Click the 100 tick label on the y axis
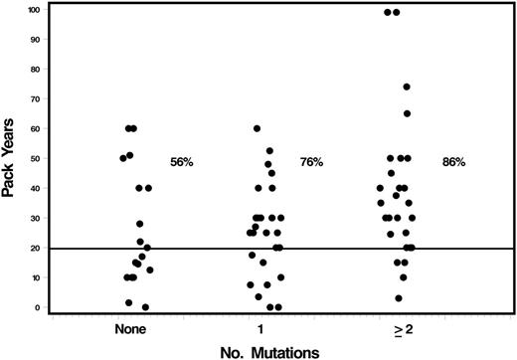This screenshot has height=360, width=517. [34, 10]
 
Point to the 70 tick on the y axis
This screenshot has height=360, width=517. [36, 99]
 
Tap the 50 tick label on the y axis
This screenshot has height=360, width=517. [36, 159]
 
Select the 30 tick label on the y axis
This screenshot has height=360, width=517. [36, 218]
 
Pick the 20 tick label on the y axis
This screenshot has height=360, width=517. [36, 248]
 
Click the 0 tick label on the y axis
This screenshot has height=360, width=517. [39, 306]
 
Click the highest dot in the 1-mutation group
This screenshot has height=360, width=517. [257, 129]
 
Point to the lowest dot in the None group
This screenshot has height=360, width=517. [145, 307]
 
